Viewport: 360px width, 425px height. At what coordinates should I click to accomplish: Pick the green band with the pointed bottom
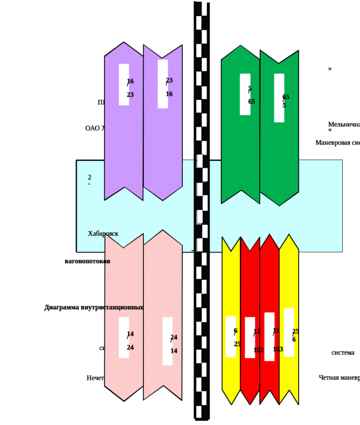(279, 151)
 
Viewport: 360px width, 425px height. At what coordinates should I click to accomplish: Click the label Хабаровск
(103, 234)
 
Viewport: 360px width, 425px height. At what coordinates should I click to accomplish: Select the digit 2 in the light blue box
(89, 177)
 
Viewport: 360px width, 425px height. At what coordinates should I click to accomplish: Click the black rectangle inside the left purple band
(123, 85)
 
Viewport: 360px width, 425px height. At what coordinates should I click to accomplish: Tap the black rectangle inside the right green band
(279, 98)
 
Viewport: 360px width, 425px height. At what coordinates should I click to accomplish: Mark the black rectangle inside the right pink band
(168, 341)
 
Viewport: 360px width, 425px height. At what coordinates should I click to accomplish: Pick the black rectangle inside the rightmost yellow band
(289, 332)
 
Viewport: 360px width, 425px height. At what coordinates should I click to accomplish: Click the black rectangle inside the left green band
(245, 94)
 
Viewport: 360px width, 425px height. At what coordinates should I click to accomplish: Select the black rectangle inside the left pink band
(123, 337)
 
